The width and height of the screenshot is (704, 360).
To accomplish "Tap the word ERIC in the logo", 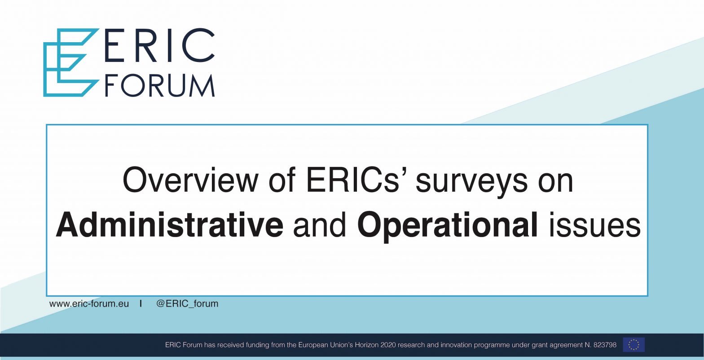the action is click(x=159, y=45).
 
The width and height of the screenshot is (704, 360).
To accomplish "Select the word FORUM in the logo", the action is click(x=160, y=85).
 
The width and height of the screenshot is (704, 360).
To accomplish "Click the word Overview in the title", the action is click(x=190, y=180).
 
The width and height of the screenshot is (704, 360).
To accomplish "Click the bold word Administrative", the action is click(x=170, y=225).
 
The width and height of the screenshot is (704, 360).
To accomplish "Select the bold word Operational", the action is click(x=448, y=226).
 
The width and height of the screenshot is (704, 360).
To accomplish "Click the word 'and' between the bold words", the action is click(x=320, y=225).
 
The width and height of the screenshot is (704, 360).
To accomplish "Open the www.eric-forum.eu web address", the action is click(x=89, y=304).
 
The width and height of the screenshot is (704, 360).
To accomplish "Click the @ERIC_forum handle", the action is click(x=187, y=304).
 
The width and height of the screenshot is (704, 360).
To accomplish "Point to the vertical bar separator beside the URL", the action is click(x=141, y=303).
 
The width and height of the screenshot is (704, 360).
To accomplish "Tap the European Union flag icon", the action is click(x=634, y=345).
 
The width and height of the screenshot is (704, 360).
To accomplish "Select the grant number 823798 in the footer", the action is click(x=605, y=345).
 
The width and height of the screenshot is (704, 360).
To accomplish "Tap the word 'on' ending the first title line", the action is click(x=556, y=184).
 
